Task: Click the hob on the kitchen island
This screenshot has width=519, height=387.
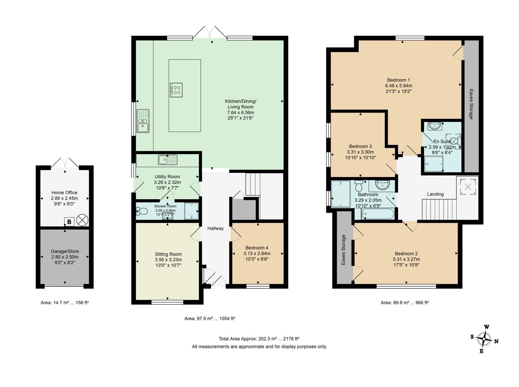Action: click(176, 90)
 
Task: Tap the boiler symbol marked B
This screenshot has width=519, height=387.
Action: click(69, 222)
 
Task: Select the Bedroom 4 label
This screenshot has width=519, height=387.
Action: click(257, 248)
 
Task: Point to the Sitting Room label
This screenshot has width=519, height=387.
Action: click(168, 254)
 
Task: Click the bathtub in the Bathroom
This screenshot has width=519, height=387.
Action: click(378, 214)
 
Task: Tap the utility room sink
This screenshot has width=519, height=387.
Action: click(167, 160)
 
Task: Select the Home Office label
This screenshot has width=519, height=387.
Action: click(64, 192)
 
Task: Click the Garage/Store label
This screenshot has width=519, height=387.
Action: click(64, 251)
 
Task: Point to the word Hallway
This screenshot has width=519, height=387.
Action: click(215, 228)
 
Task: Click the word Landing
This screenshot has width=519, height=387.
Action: click(435, 194)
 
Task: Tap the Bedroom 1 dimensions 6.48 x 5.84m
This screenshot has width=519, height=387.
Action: click(399, 86)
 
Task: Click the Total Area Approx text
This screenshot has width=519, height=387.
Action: click(259, 339)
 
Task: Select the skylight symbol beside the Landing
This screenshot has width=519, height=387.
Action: click(467, 186)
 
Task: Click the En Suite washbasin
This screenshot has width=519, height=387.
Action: click(434, 126)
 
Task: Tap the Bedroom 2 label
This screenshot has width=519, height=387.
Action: click(406, 253)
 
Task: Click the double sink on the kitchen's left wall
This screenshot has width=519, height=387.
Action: click(143, 121)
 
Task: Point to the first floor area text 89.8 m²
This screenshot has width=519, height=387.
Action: click(404, 302)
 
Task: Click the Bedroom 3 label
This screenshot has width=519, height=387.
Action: click(360, 146)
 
